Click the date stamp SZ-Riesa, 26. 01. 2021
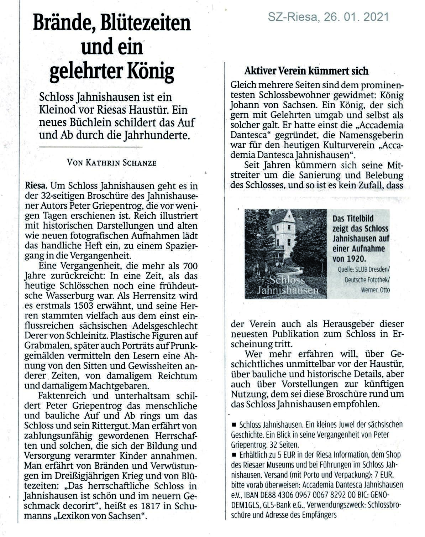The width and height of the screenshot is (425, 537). coord(328,17)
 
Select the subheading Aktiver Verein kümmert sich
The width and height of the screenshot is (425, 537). coord(306,71)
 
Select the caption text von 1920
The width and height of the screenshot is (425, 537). coord(349,259)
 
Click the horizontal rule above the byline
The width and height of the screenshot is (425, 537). coord(90,147)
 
